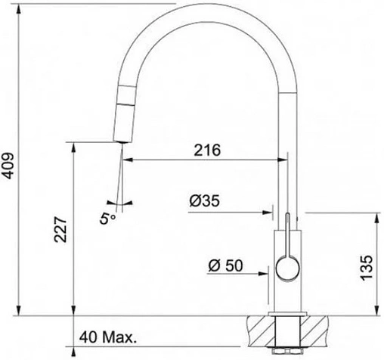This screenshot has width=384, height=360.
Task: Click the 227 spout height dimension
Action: point(60,229)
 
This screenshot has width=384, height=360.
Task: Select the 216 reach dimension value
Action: point(207,151)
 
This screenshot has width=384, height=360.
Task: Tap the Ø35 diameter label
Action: point(205,201)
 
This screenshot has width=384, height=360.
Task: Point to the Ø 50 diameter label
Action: point(225,265)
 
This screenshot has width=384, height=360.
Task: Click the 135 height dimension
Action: point(366,268)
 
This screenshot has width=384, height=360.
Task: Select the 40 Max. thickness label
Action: point(108,337)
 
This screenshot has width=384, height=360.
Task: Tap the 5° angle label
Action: point(107,219)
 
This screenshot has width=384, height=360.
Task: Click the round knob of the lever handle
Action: point(288,268)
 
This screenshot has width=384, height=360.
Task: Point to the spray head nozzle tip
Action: point(122,141)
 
